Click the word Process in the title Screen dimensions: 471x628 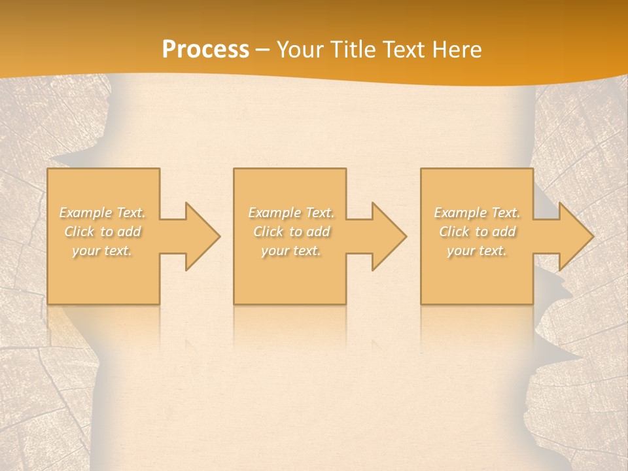[x=205, y=50]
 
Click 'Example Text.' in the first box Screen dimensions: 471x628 [x=103, y=213]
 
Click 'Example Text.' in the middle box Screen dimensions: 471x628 [x=291, y=213]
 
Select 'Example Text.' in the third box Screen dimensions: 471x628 [x=477, y=213]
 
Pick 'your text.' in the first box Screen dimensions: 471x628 [x=102, y=251]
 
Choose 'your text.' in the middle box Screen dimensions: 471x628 [x=291, y=251]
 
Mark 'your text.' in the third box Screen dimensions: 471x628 [x=477, y=251]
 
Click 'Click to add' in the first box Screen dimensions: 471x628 [x=103, y=232]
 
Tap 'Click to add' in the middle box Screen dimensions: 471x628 [x=291, y=232]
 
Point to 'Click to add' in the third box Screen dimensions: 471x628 [x=477, y=232]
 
